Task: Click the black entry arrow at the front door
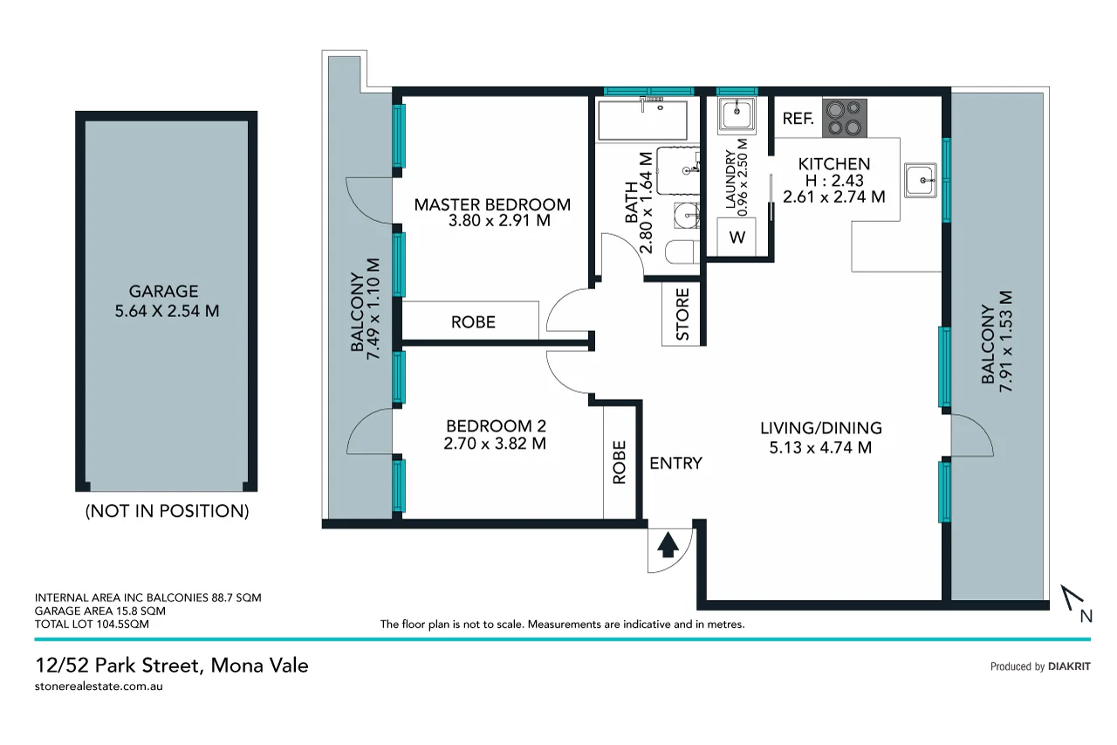pyautogui.click(x=668, y=546)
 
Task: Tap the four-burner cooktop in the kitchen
pyautogui.click(x=845, y=118)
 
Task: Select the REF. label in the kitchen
pyautogui.click(x=798, y=120)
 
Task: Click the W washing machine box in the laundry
pyautogui.click(x=737, y=237)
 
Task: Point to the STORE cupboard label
pyautogui.click(x=682, y=314)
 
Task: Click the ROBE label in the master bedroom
pyautogui.click(x=473, y=321)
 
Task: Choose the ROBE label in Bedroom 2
pyautogui.click(x=620, y=462)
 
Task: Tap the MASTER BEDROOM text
pyautogui.click(x=492, y=204)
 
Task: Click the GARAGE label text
pyautogui.click(x=164, y=292)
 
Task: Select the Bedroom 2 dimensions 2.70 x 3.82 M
pyautogui.click(x=496, y=444)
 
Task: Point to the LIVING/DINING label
pyautogui.click(x=820, y=428)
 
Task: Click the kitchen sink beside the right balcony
pyautogui.click(x=920, y=181)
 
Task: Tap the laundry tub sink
pyautogui.click(x=737, y=114)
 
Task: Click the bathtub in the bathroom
pyautogui.click(x=642, y=120)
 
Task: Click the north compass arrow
pyautogui.click(x=1074, y=603)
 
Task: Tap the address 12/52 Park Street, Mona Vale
pyautogui.click(x=171, y=666)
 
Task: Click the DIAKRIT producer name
pyautogui.click(x=1069, y=666)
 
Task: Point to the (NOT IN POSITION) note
pyautogui.click(x=167, y=511)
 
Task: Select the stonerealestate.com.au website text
pyautogui.click(x=99, y=686)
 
